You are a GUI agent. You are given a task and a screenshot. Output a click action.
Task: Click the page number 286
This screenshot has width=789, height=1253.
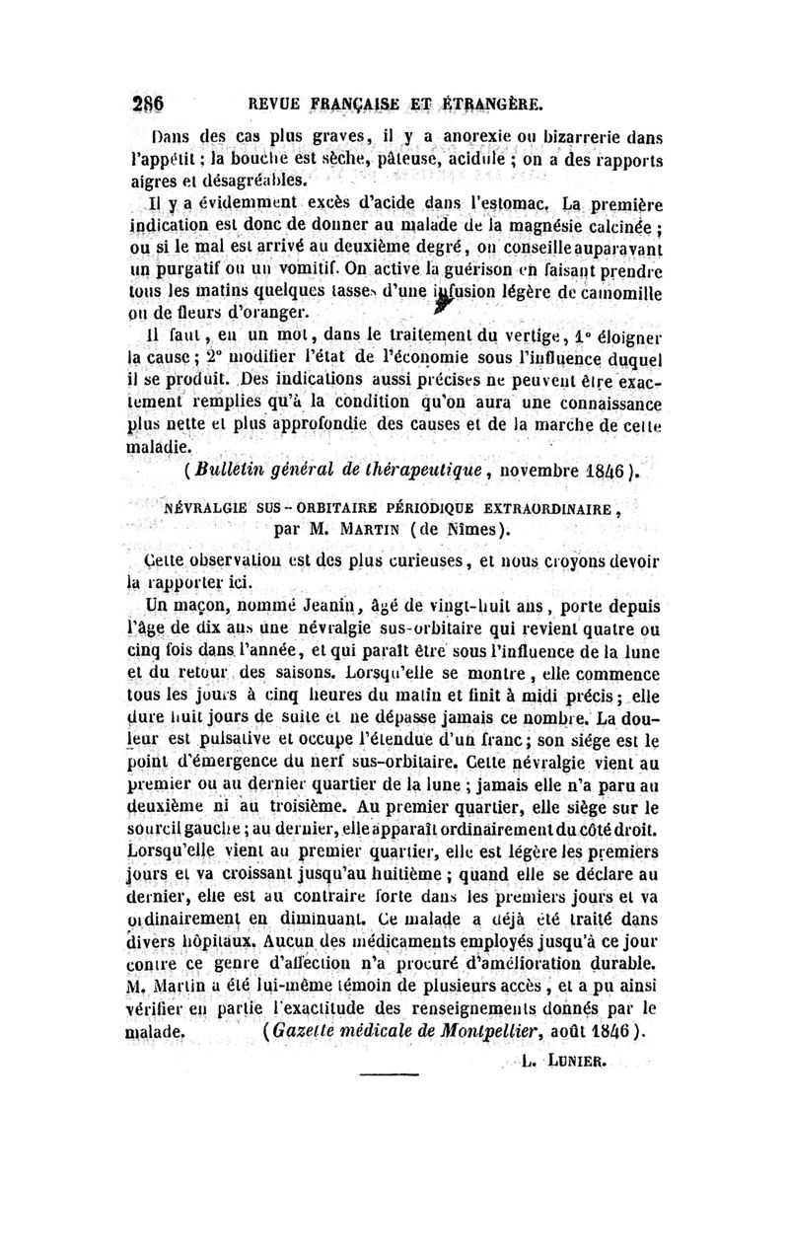click(x=145, y=103)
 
